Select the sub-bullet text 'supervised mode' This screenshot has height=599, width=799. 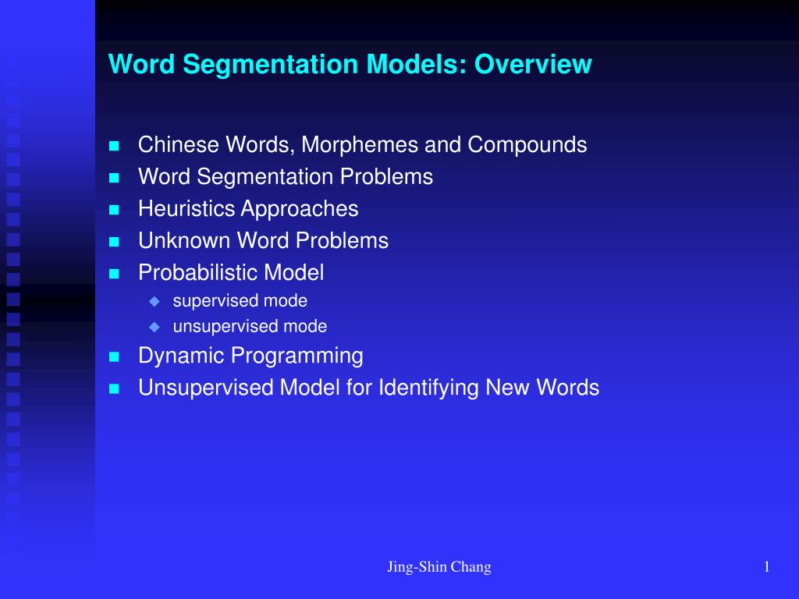click(x=240, y=301)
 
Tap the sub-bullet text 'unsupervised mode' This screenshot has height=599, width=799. click(x=250, y=327)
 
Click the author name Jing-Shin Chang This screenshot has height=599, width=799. click(x=439, y=568)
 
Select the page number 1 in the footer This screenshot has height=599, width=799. click(x=767, y=568)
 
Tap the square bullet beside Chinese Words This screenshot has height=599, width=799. click(x=115, y=146)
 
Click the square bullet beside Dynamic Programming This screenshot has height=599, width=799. click(x=115, y=357)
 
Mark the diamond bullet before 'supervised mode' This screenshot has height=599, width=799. click(x=154, y=301)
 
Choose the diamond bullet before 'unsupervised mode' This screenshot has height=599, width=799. click(x=154, y=327)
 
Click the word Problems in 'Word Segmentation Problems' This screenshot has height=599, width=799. click(x=385, y=177)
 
